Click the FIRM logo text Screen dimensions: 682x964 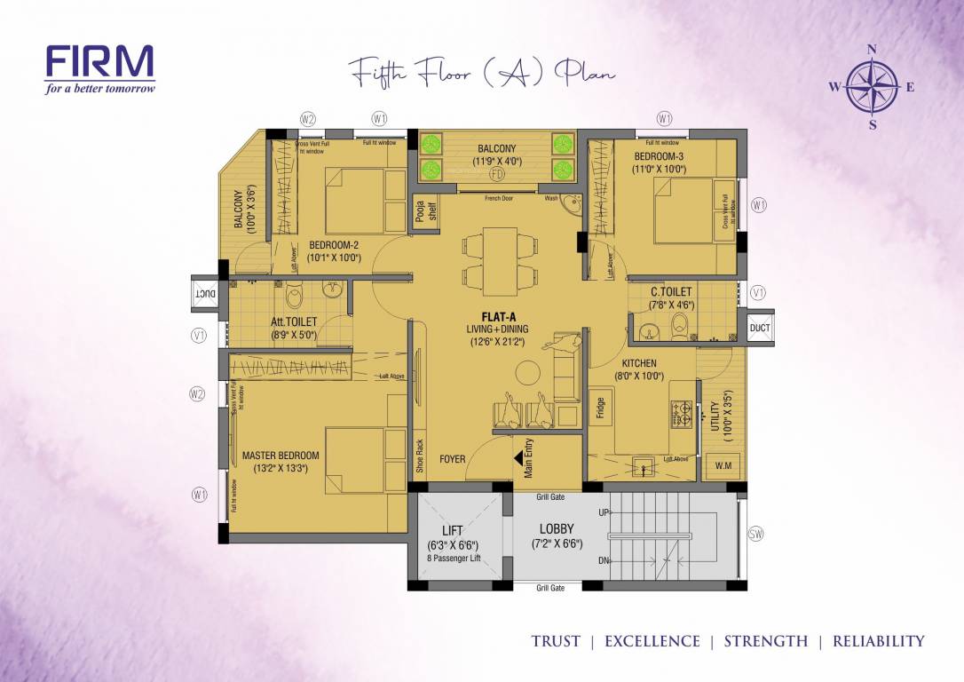99,63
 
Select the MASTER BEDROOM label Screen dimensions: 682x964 281,456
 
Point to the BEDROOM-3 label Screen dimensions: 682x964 659,156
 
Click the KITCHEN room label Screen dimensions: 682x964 639,363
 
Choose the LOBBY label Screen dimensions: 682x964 557,529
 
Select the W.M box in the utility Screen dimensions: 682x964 723,466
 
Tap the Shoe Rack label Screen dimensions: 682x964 420,455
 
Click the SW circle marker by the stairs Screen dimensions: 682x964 755,534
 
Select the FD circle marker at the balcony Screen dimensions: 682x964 497,174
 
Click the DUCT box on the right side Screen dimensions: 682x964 760,328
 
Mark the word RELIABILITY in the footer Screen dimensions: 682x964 878,641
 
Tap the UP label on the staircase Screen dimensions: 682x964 604,512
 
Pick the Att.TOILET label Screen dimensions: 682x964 294,322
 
